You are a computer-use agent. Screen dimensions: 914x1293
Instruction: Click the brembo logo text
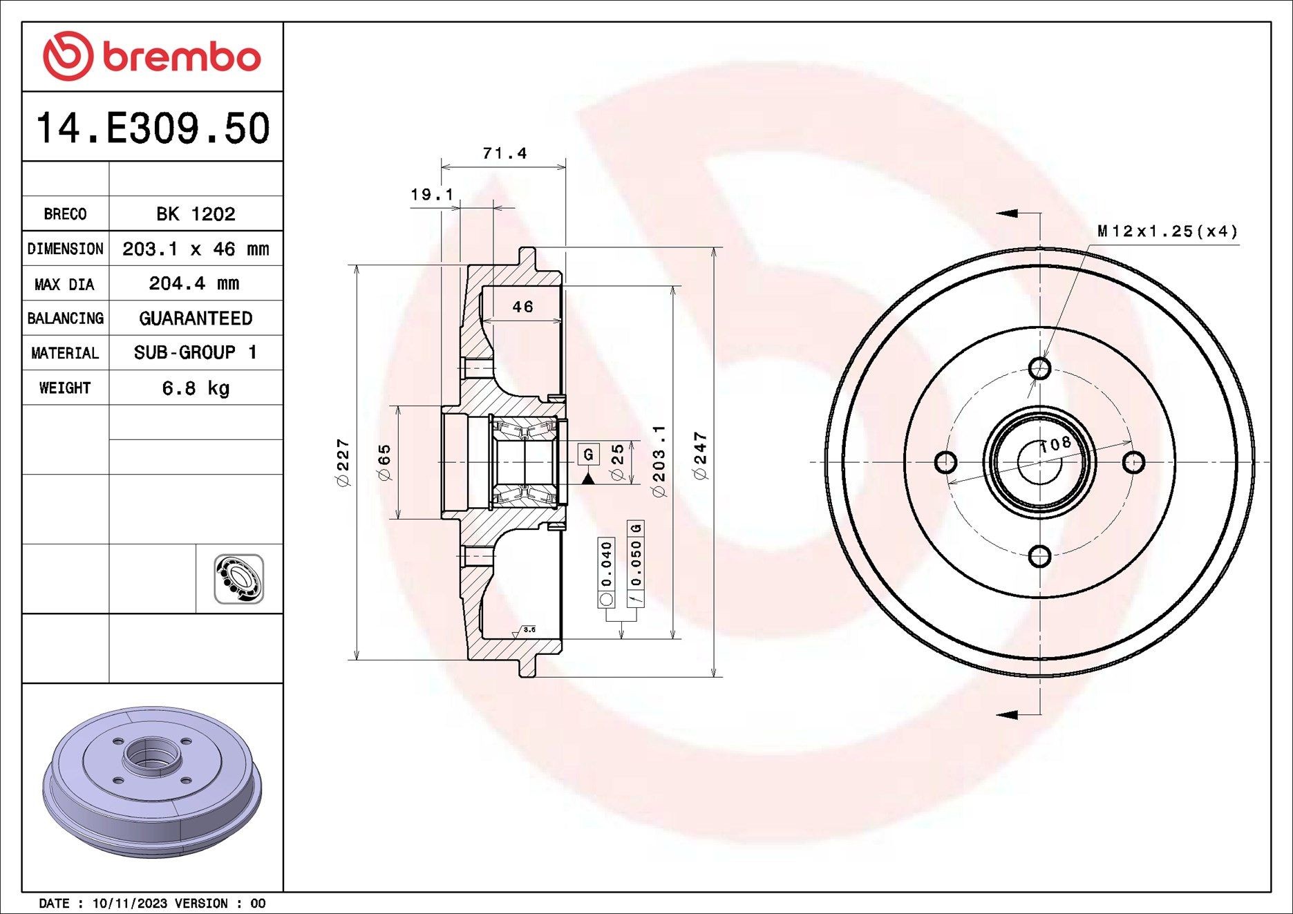(181, 57)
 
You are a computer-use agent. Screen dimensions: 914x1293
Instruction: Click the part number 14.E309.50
(152, 128)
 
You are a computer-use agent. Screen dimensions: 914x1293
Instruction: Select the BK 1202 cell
(196, 213)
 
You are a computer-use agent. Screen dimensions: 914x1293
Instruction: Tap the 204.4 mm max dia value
(194, 283)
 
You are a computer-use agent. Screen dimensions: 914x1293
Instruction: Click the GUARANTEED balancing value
(196, 318)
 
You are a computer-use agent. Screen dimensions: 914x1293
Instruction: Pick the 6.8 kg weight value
(196, 388)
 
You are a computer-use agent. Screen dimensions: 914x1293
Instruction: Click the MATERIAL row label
(65, 353)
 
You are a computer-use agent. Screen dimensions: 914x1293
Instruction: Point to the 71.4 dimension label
(504, 153)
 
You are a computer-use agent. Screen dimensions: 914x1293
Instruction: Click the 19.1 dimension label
(432, 195)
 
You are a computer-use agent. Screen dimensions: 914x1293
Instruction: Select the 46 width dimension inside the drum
(522, 307)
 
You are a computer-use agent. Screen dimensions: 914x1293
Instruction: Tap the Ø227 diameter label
(343, 462)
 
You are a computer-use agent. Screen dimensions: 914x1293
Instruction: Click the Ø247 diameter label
(701, 456)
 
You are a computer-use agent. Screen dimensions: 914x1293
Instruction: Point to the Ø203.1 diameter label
(659, 461)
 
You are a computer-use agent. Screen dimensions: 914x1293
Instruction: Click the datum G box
(588, 454)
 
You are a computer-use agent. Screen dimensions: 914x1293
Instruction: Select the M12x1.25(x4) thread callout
(1167, 231)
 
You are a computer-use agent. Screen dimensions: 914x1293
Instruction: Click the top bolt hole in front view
(1039, 368)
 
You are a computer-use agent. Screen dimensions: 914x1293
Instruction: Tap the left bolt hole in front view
(945, 461)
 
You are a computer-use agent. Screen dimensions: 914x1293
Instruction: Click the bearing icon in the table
(238, 579)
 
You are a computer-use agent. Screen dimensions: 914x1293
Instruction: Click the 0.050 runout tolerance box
(636, 563)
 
